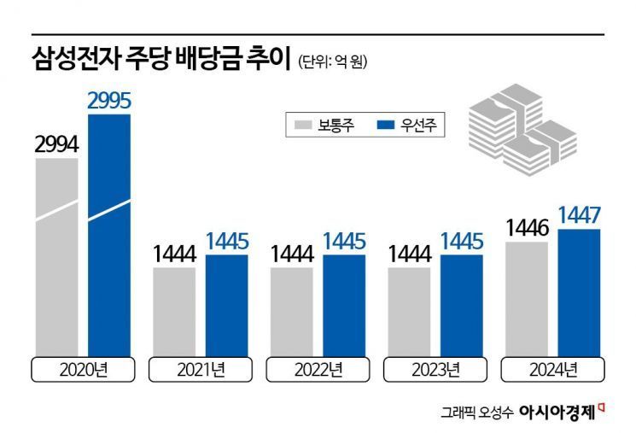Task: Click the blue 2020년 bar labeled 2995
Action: click(x=109, y=235)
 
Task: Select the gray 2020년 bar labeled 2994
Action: click(x=57, y=256)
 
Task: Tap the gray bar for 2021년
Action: click(x=174, y=311)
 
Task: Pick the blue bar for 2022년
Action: click(x=344, y=304)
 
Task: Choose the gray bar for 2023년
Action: click(x=409, y=311)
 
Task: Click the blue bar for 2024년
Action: click(x=578, y=291)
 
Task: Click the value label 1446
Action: click(x=527, y=227)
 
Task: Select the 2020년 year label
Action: click(x=83, y=371)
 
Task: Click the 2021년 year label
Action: click(x=201, y=371)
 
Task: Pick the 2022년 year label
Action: click(x=318, y=371)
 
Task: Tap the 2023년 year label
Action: click(x=435, y=371)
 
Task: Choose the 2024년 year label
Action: click(x=552, y=371)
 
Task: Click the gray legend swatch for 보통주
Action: click(x=304, y=126)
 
